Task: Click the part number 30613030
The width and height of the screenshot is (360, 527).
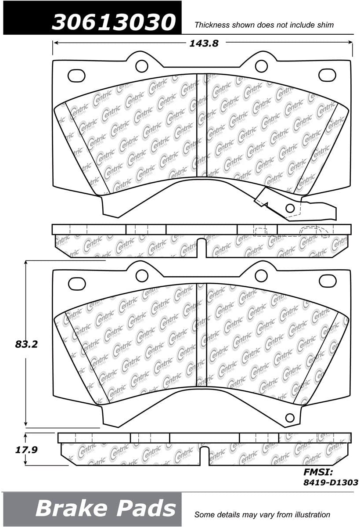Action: [113, 21]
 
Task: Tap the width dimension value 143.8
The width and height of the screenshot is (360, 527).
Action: [203, 43]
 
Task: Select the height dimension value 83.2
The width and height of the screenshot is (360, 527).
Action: [26, 344]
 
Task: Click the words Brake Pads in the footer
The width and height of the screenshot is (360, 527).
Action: [105, 509]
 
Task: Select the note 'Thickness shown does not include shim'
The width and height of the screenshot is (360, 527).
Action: [264, 25]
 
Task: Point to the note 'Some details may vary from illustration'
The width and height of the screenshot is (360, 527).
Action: [262, 514]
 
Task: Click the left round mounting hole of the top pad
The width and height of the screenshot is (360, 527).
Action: [141, 66]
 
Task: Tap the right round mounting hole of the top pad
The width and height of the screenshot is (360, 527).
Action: [261, 66]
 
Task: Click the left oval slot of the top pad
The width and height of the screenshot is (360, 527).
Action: [76, 76]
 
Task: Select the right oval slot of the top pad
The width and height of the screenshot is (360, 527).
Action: [327, 75]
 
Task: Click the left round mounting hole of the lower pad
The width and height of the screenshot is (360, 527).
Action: [141, 276]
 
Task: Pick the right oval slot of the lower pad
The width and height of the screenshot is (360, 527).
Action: [327, 281]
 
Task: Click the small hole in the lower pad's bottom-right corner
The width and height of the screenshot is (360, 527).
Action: [289, 417]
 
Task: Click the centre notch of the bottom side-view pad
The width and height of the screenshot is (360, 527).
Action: [204, 456]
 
